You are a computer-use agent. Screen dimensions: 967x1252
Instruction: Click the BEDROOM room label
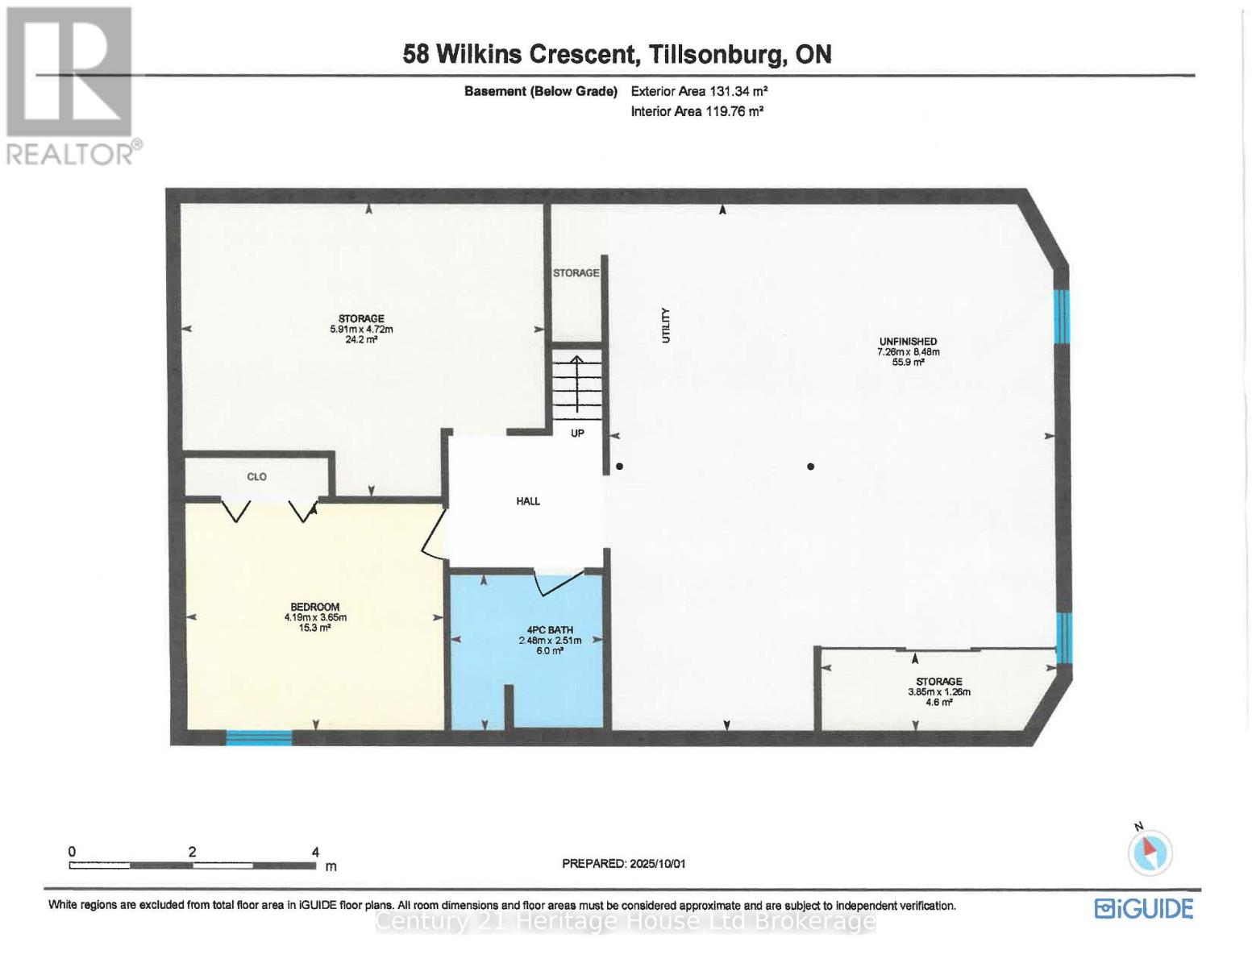pos(314,607)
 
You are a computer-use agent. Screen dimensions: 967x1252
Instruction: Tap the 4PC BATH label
pos(550,630)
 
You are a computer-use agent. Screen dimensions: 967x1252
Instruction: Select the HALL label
pos(528,501)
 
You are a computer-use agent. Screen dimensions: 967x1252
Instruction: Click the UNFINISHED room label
pos(908,342)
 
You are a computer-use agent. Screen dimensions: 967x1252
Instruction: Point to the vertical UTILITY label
pos(666,326)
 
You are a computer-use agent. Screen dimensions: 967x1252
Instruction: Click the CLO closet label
pos(256,477)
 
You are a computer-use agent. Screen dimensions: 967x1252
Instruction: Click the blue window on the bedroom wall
pos(259,737)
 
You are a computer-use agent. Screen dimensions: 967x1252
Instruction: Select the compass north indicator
pos(1150,852)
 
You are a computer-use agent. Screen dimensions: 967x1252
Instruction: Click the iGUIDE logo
pos(1143,909)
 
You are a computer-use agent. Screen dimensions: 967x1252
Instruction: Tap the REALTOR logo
pos(71,85)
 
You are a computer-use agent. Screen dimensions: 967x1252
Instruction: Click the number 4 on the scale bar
pos(315,852)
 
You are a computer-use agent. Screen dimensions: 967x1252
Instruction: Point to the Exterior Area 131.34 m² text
pos(693,92)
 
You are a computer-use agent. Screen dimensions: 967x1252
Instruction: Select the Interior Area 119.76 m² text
pos(697,112)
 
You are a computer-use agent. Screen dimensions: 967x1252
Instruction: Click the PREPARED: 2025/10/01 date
pos(623,864)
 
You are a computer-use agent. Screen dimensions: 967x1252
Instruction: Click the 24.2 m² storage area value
pos(361,340)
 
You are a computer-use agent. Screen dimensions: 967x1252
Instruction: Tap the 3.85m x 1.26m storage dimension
pos(939,692)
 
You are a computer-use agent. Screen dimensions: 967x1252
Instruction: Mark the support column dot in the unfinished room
pos(810,467)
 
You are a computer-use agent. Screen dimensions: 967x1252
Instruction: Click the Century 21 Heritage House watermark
pos(626,921)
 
